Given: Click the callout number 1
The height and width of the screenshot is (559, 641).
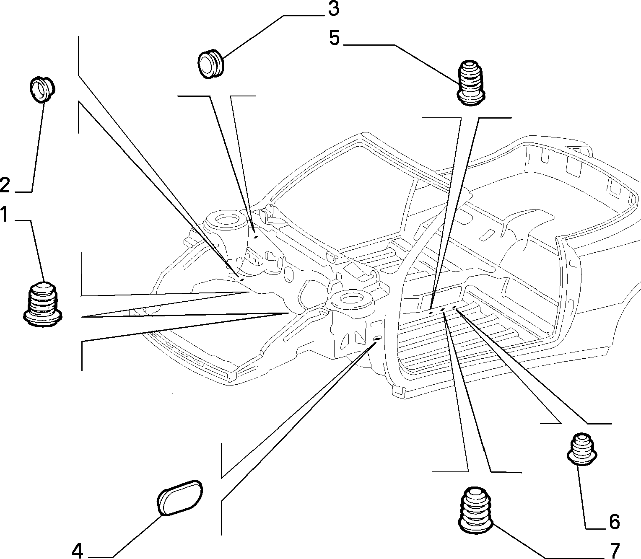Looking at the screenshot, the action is tap(4, 214).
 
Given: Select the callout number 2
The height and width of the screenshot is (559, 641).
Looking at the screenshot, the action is tap(5, 185).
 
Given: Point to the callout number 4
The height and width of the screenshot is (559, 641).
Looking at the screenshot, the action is tap(78, 550).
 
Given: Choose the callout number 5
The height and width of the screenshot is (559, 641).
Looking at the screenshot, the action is tap(334, 38).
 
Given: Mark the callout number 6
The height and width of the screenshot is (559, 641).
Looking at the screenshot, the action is tap(614, 521).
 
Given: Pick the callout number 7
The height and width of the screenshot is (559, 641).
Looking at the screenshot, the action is tap(615, 550).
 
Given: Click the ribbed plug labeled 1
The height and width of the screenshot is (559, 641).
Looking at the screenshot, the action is tap(43, 304).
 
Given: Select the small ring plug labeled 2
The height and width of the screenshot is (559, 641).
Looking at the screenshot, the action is tap(42, 89).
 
